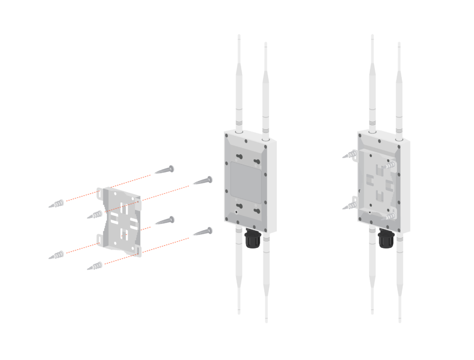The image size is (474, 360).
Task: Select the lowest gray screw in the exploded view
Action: [x=203, y=232]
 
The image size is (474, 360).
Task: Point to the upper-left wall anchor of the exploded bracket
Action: [x=56, y=204]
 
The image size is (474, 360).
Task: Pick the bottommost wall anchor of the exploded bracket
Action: [x=95, y=266]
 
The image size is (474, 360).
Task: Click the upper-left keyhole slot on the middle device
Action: [x=239, y=157]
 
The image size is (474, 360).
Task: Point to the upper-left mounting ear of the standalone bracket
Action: [x=100, y=194]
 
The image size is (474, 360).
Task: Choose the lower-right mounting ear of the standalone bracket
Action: [x=138, y=251]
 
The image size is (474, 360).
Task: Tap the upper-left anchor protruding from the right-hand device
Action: [x=350, y=154]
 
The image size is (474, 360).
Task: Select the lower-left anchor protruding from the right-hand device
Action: [x=350, y=205]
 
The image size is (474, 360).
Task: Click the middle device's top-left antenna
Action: [x=239, y=83]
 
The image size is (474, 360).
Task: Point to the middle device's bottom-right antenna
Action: [x=266, y=278]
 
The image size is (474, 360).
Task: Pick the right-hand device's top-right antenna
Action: [x=399, y=88]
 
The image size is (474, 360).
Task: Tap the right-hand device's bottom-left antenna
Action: [x=372, y=273]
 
